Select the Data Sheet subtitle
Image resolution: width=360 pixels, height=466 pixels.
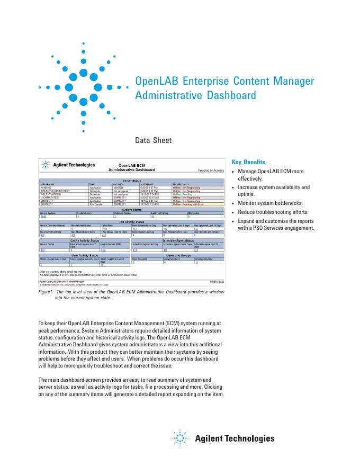coord(154,140)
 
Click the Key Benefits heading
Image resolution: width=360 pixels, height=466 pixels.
coord(249,162)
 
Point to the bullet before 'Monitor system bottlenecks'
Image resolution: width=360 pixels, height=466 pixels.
coord(233,203)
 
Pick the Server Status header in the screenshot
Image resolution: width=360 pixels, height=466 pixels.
coord(131,181)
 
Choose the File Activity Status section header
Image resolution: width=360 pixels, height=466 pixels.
coord(131,221)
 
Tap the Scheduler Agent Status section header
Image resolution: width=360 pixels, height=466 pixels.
coord(178,240)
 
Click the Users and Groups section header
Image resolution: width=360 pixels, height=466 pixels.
coord(178,255)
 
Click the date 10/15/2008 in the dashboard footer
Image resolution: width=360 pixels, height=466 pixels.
coord(217,282)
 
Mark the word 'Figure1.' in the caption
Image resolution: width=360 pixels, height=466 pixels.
coord(47,292)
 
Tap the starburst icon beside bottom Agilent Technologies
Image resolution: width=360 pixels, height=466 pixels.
coord(180,438)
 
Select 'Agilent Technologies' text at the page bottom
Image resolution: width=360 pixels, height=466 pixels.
coord(235,438)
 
